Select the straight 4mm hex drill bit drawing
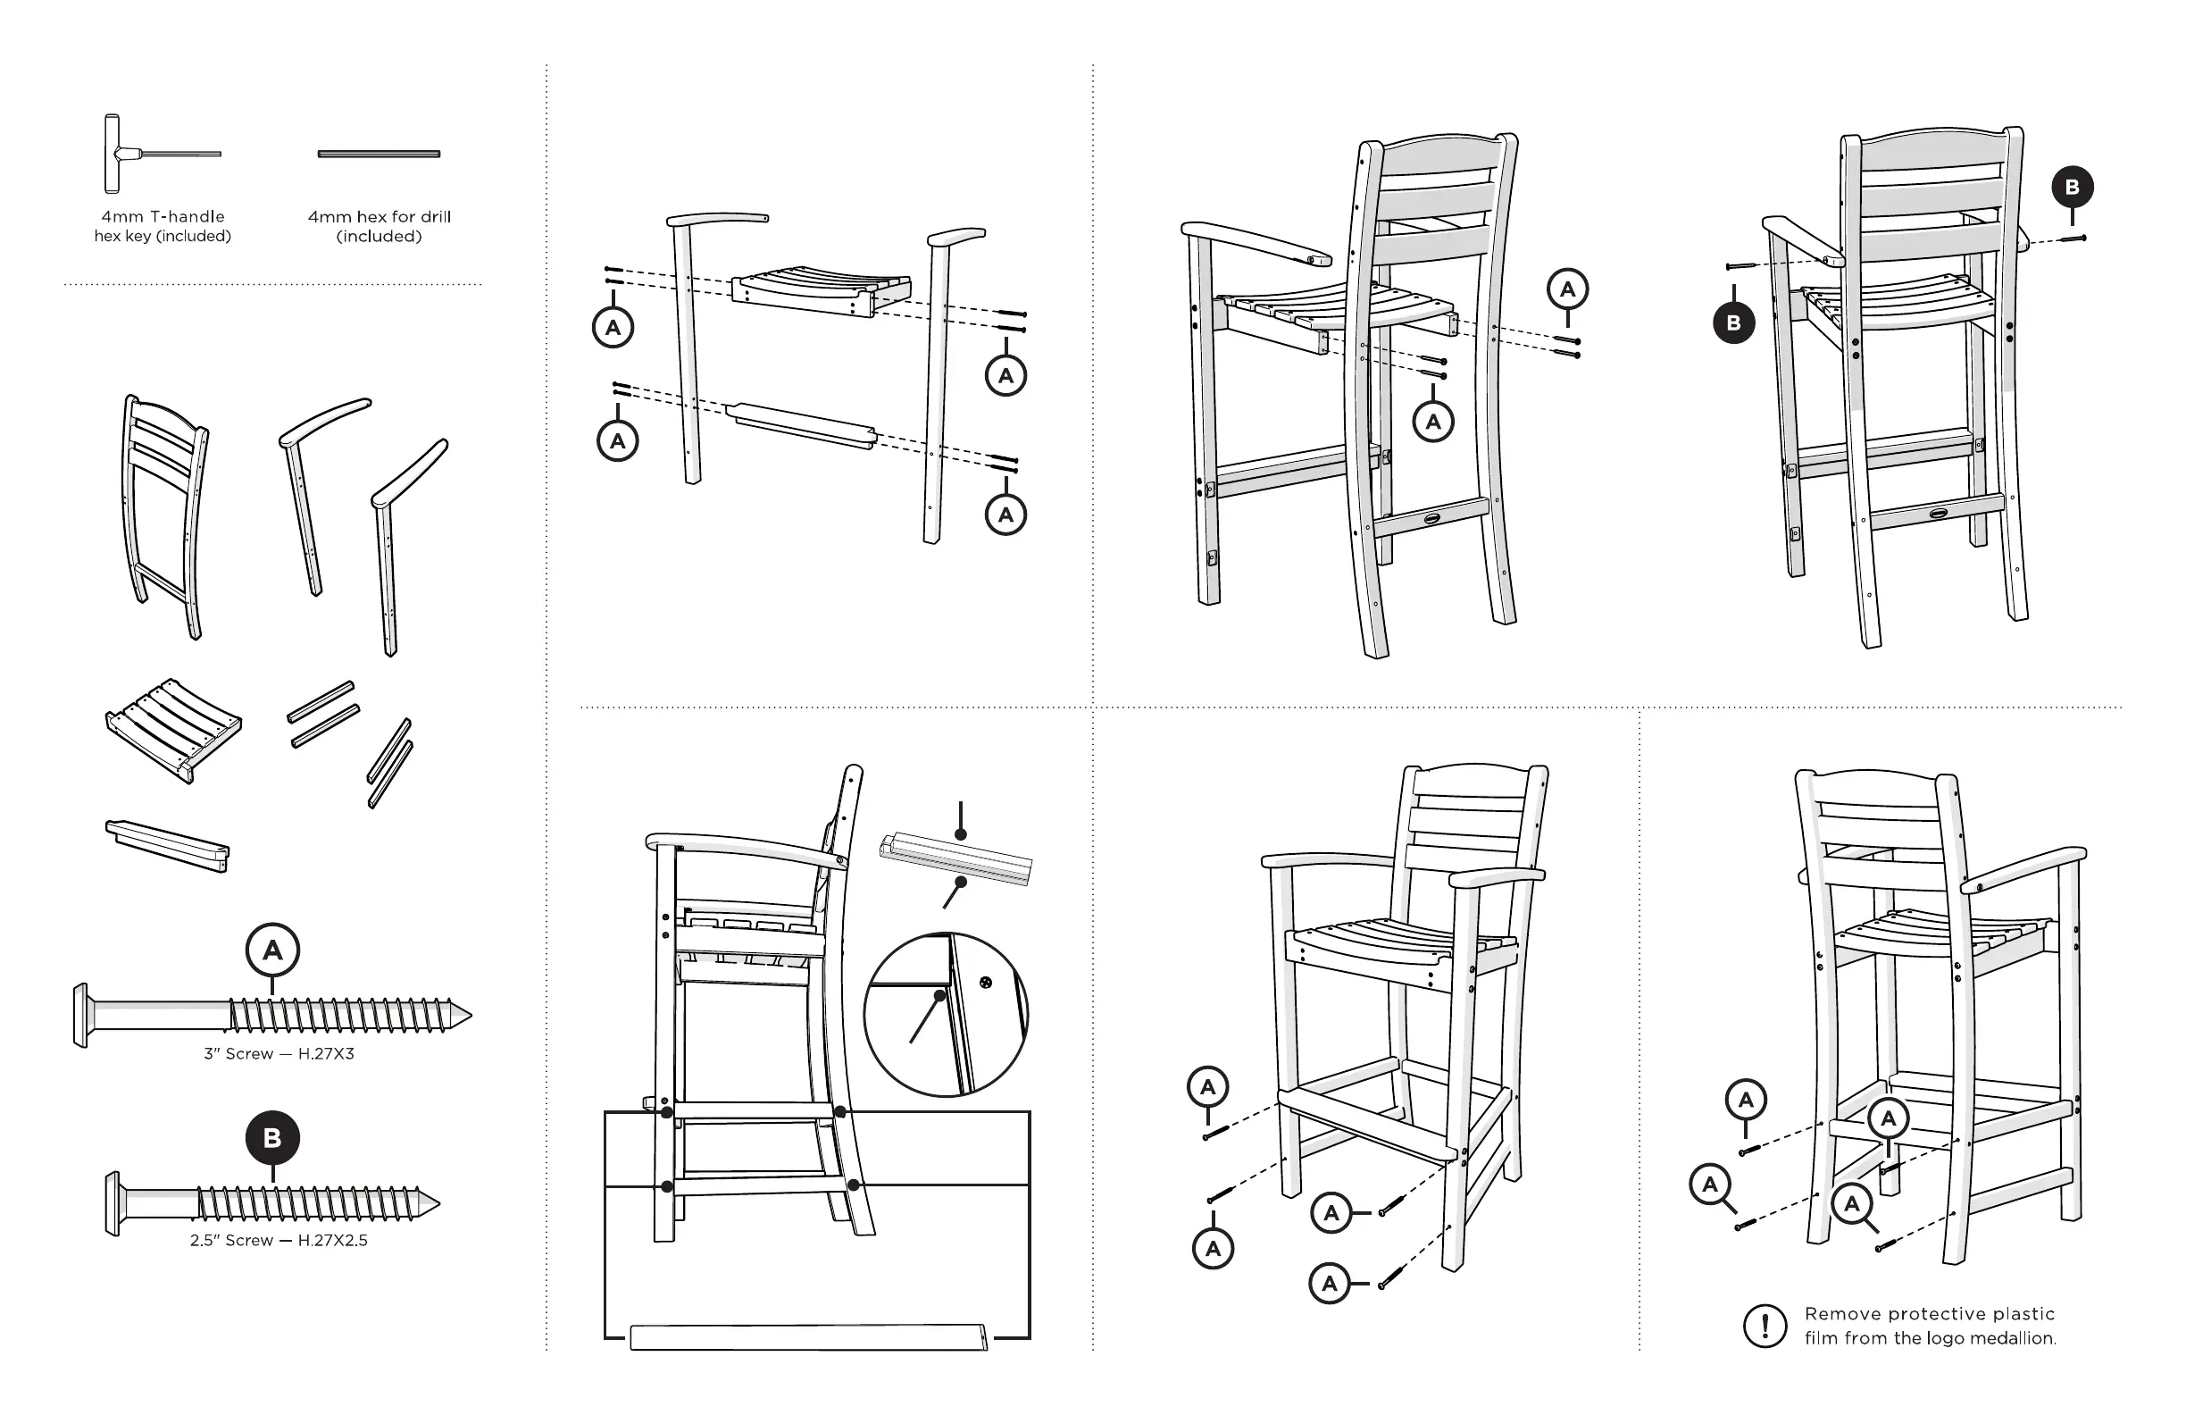(x=379, y=154)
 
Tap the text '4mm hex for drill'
(x=379, y=217)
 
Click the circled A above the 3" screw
(x=272, y=950)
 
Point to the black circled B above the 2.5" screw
(x=271, y=1138)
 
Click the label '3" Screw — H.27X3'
(x=279, y=1054)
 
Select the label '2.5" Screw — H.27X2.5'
(x=279, y=1241)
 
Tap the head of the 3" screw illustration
(x=81, y=1016)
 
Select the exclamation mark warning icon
(x=1765, y=1326)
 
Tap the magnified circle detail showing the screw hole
(x=946, y=1015)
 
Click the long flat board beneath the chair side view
(x=808, y=1337)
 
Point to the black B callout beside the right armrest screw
(x=2072, y=188)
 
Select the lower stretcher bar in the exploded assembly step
(x=801, y=425)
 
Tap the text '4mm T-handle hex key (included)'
(x=163, y=226)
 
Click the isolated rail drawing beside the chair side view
(x=955, y=858)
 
